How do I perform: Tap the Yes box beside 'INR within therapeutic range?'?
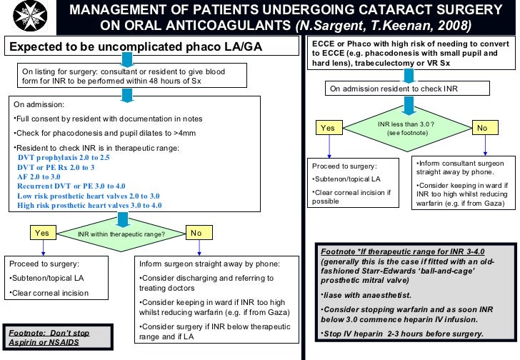42,233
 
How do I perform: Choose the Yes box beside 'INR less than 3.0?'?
328,128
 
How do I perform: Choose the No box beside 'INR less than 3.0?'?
482,128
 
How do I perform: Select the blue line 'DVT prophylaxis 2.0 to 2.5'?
64,157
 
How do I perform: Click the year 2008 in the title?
454,26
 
